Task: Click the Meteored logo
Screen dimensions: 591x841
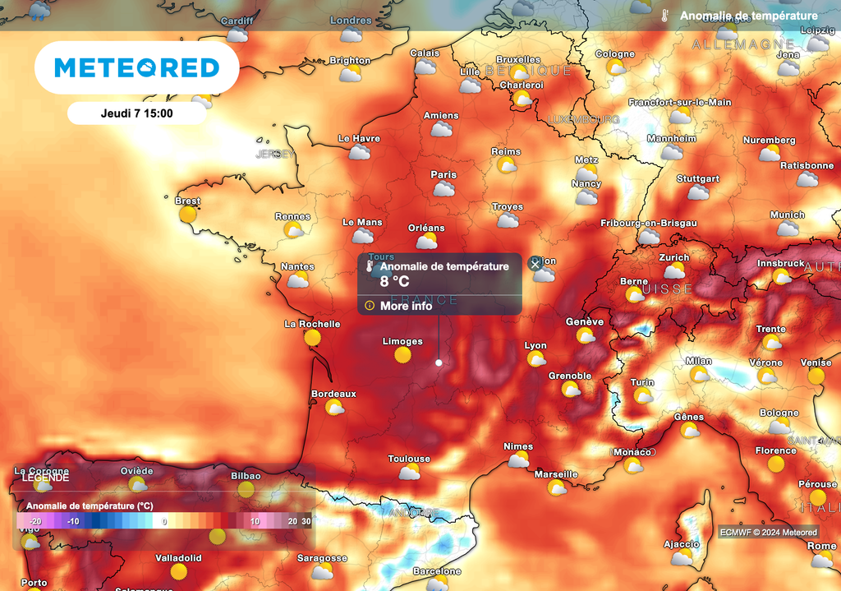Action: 136,67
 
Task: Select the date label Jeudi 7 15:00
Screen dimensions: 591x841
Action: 136,113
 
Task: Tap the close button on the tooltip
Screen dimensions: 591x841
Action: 535,264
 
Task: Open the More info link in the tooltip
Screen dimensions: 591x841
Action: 406,306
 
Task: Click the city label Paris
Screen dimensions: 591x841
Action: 443,174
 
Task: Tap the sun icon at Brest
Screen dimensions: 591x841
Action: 188,215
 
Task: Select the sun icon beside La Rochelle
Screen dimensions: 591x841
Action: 312,337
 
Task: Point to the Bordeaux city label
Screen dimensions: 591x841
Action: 333,394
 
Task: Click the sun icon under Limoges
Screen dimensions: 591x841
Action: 402,354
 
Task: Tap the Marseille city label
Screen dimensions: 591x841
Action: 556,473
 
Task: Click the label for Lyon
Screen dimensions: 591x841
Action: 535,345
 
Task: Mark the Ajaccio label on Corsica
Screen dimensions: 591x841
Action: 682,544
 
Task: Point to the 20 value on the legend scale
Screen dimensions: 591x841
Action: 292,521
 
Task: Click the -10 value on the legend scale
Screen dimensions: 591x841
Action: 72,521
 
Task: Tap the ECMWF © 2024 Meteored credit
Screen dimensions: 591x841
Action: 768,532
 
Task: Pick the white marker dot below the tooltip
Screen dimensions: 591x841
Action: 439,362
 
